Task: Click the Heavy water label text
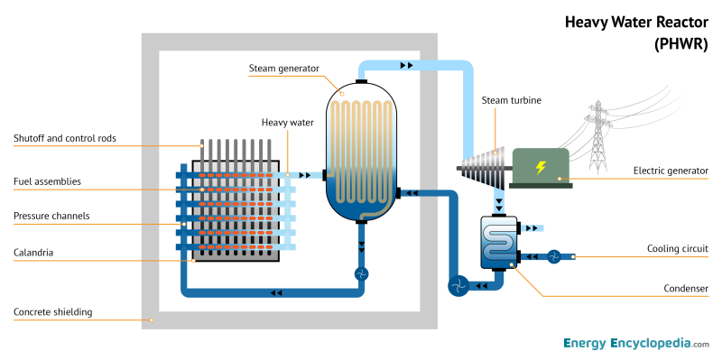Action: click(287, 122)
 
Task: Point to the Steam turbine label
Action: click(511, 100)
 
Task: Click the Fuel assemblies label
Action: click(47, 181)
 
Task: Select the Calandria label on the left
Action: click(33, 253)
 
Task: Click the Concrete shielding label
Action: click(52, 312)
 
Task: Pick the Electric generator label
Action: click(671, 170)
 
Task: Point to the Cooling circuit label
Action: click(678, 248)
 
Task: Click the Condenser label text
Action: click(685, 289)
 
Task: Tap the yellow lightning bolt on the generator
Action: click(541, 167)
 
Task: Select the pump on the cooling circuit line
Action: click(554, 256)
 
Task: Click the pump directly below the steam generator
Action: click(361, 273)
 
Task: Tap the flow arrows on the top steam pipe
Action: click(407, 65)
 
